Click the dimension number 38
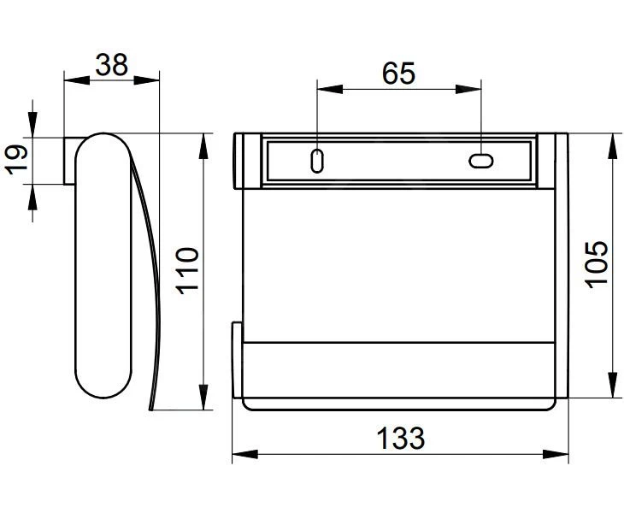112,65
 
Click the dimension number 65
398,74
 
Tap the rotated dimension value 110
187,270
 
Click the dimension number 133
400,439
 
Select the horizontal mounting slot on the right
481,160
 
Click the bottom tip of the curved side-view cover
151,409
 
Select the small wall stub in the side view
72,160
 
